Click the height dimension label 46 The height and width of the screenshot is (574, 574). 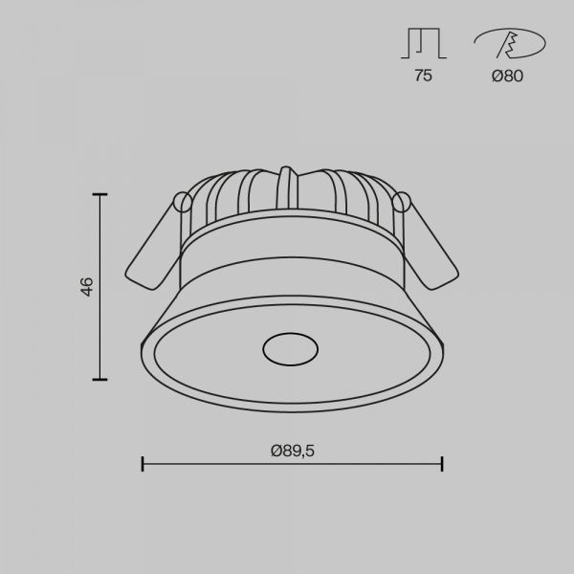(x=87, y=287)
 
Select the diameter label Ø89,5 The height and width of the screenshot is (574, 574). (x=293, y=451)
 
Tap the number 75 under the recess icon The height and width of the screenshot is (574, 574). (x=423, y=76)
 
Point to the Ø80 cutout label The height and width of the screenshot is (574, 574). (x=507, y=76)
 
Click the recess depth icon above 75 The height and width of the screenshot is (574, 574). (x=424, y=43)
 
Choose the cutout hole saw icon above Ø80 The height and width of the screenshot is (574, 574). (x=510, y=44)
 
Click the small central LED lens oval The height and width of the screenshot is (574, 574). (x=290, y=349)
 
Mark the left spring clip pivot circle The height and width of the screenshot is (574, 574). (x=183, y=202)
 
